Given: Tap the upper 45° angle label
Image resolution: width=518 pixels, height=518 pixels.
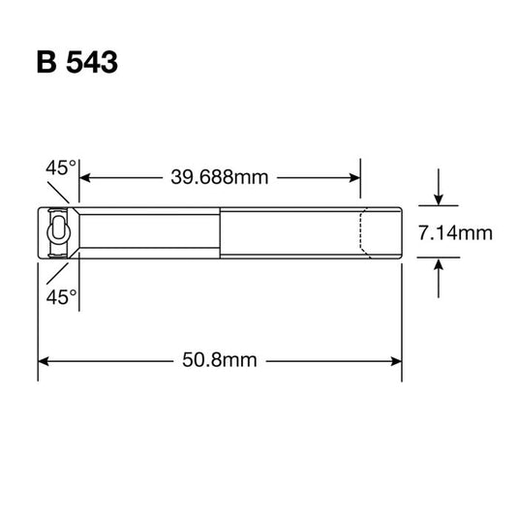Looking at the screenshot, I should pos(60,168).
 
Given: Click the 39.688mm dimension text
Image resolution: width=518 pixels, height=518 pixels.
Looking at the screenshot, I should pos(219,177).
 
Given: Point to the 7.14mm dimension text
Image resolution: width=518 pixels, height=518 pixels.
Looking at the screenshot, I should pos(454,232).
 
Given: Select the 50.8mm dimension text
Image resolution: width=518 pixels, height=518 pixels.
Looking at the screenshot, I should pos(219,360).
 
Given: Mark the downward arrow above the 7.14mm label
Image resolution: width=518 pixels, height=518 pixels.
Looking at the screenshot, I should pos(439,198).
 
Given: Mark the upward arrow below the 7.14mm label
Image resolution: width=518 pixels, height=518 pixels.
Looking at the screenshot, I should pos(439,264).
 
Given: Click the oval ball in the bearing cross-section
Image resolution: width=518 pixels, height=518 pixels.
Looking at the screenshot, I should pos(59,231).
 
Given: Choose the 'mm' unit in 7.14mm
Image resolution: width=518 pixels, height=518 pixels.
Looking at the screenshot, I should pos(475,232).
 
